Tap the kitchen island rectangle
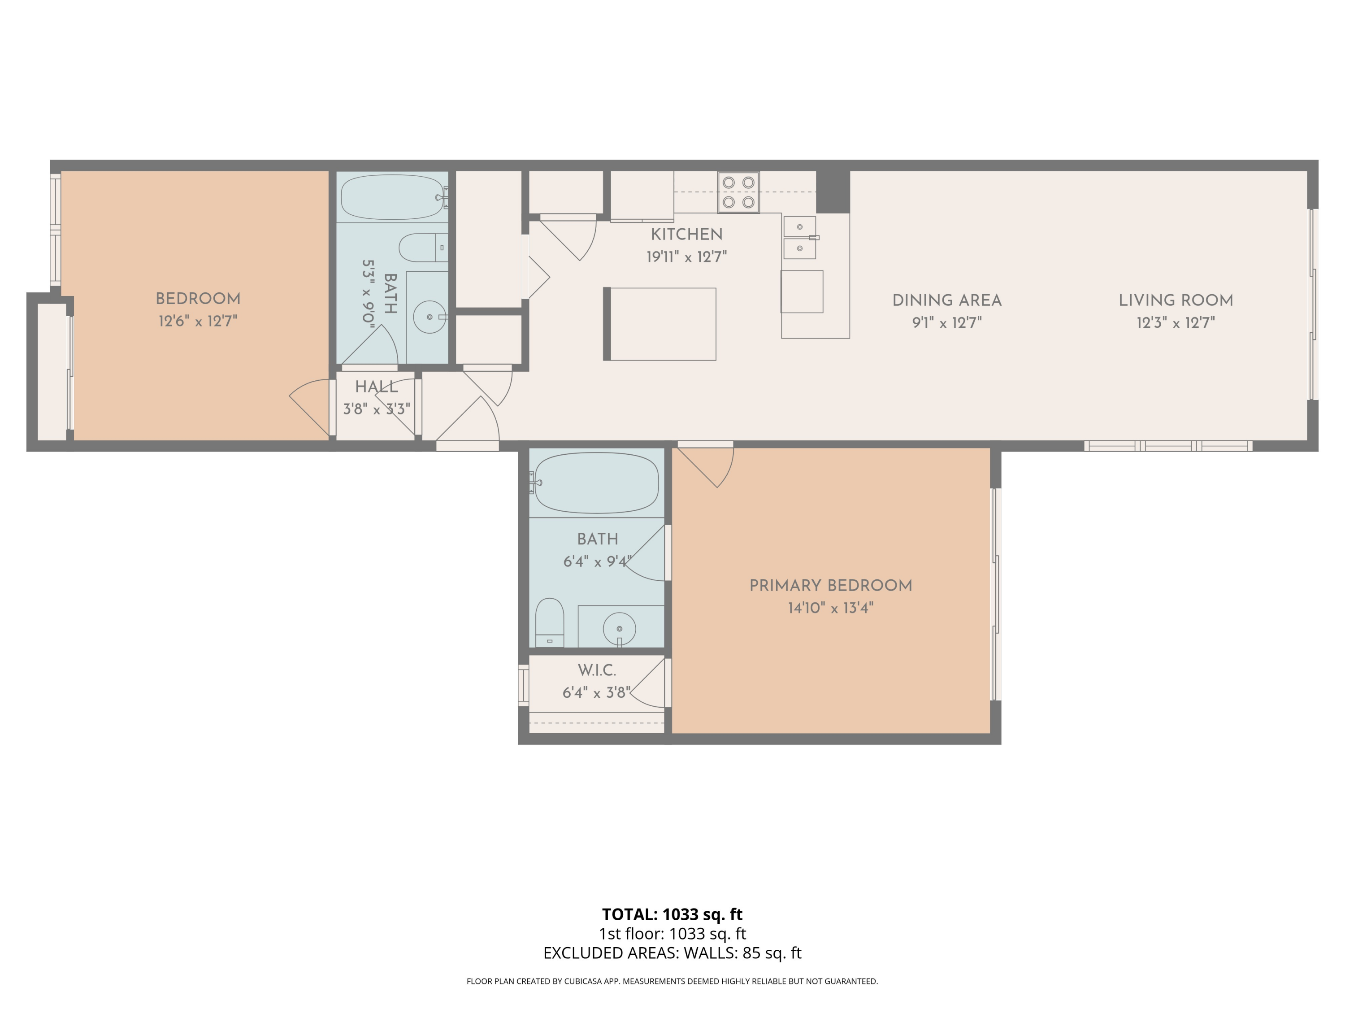click(662, 324)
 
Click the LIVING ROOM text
click(1176, 300)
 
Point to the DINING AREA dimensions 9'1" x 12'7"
click(947, 323)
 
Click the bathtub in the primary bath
click(596, 483)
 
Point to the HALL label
click(377, 387)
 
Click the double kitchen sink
click(799, 237)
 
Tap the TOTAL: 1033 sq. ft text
click(672, 914)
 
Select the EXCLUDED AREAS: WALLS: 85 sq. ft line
click(672, 953)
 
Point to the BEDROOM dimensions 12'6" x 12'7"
click(198, 321)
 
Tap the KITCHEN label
click(686, 234)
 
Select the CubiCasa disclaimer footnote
click(672, 981)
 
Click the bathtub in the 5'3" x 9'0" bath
click(392, 197)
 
